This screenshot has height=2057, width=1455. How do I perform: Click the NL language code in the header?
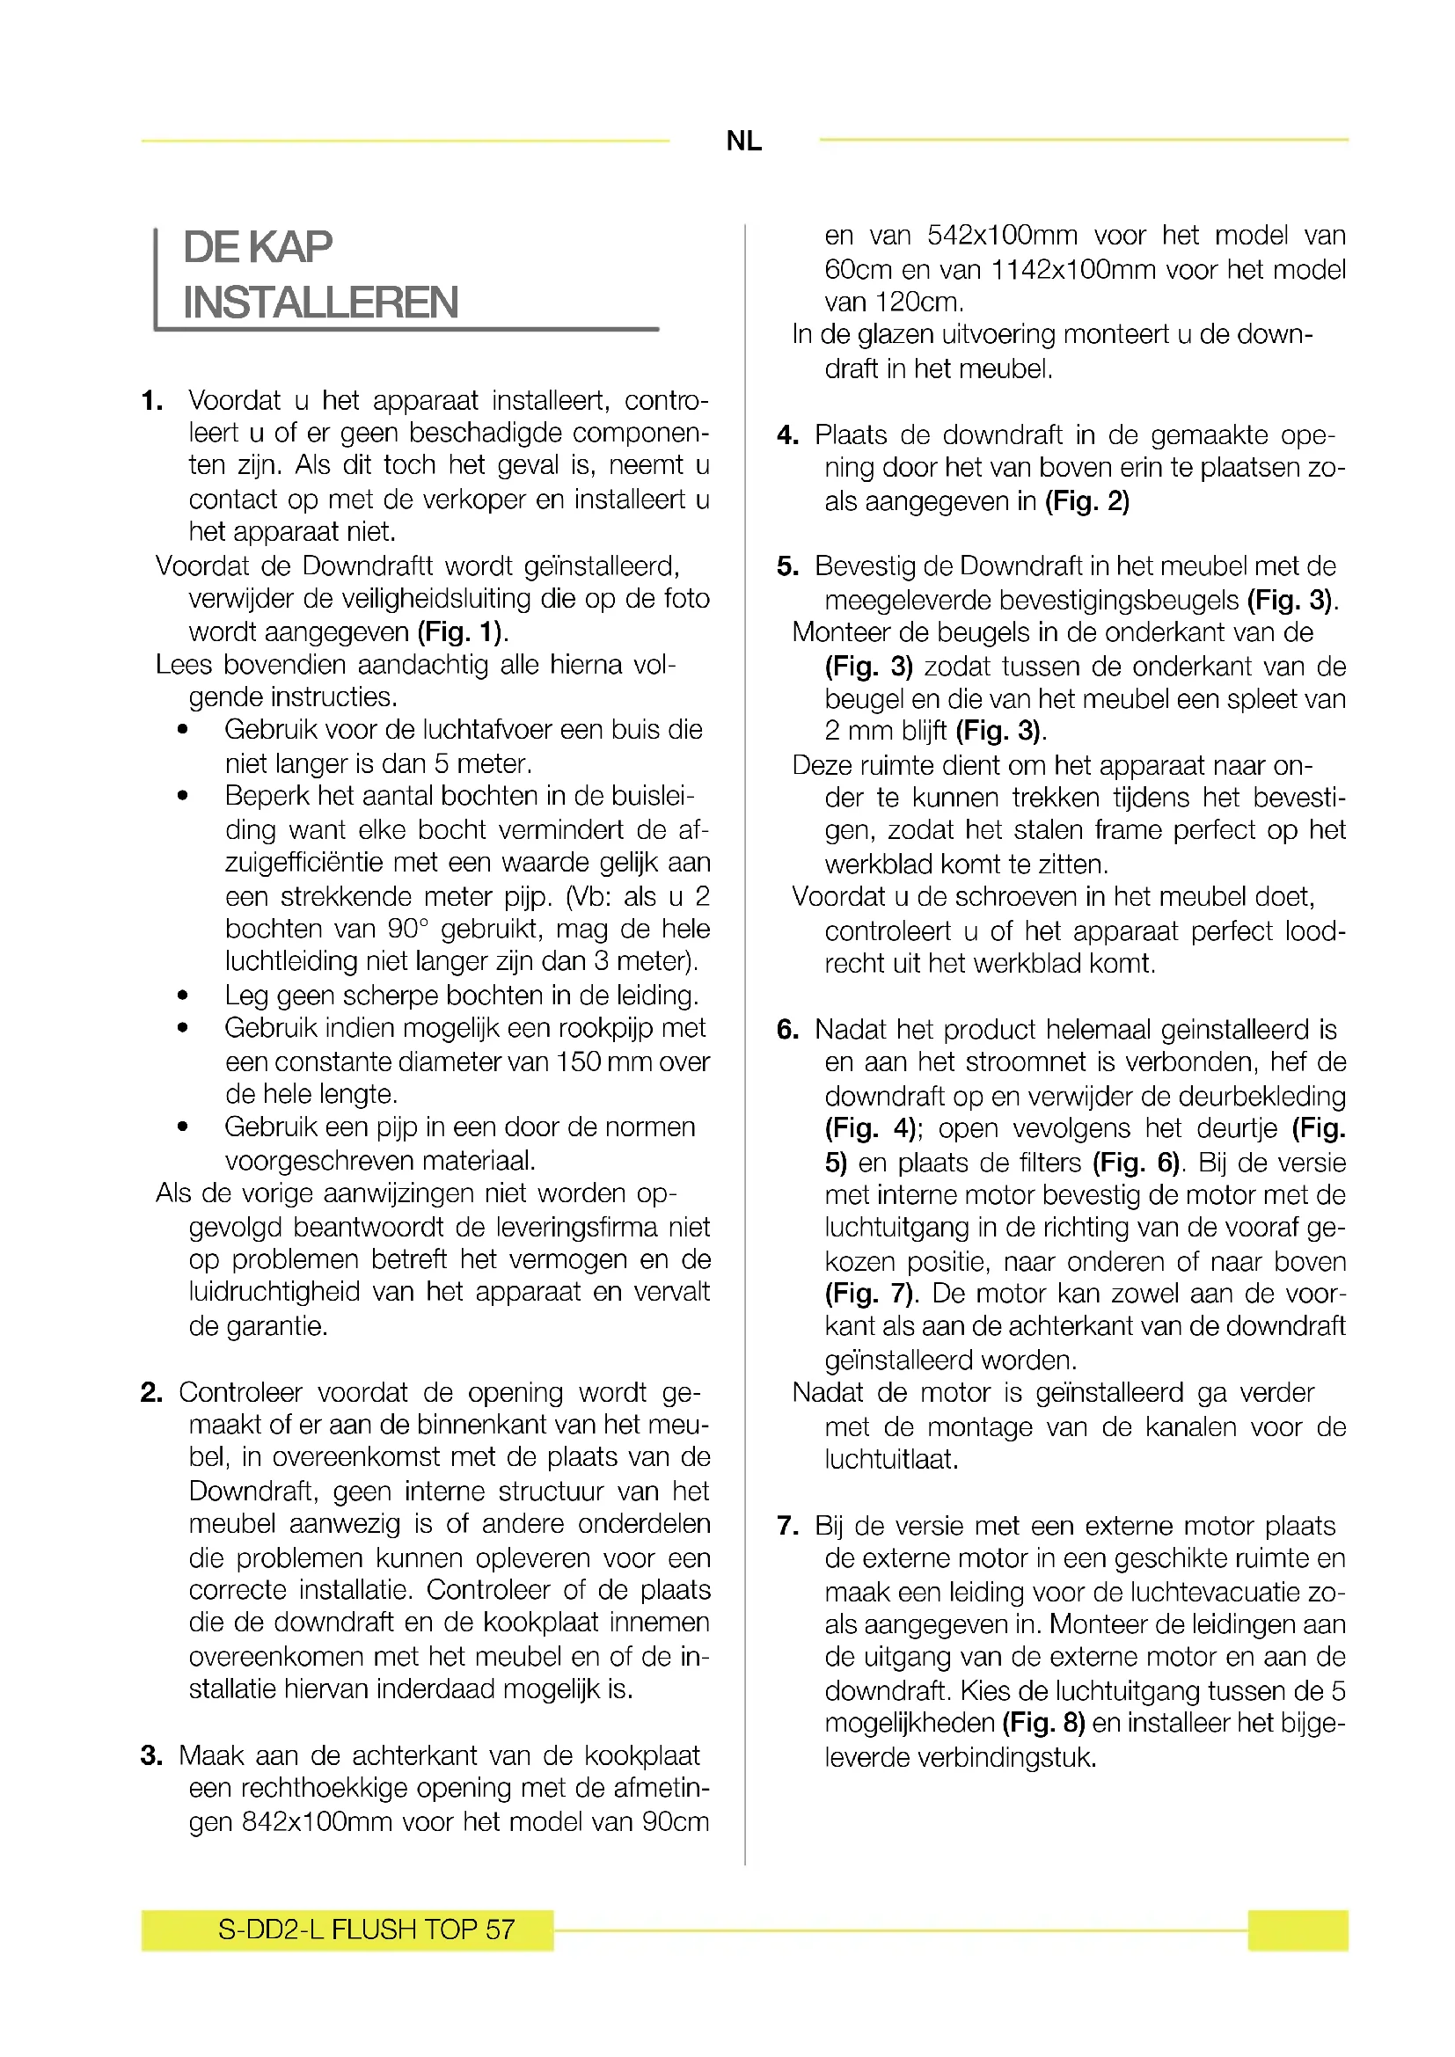tap(743, 141)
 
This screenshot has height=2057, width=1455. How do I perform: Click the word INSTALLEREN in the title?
tap(321, 302)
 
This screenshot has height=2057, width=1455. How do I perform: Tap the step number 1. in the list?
tap(152, 400)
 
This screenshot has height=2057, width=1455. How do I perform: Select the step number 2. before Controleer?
tap(151, 1392)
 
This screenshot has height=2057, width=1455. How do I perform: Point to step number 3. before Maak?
tap(151, 1755)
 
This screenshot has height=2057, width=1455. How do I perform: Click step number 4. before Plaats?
tap(787, 435)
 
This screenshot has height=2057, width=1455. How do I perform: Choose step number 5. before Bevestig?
tap(787, 566)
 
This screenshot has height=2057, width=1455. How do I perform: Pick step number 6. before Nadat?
tap(787, 1030)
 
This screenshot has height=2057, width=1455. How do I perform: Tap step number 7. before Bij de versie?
tap(787, 1526)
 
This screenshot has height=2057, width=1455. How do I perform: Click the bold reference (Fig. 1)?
tap(460, 631)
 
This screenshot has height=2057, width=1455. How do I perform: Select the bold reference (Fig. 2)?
tap(1086, 500)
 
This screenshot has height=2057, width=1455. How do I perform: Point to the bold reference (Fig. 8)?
tap(1044, 1723)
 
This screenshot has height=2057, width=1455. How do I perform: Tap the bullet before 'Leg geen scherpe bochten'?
tap(183, 996)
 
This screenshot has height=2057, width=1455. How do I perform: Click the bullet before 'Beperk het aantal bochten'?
tap(183, 796)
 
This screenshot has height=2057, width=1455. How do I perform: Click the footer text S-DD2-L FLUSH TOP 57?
tap(367, 1929)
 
